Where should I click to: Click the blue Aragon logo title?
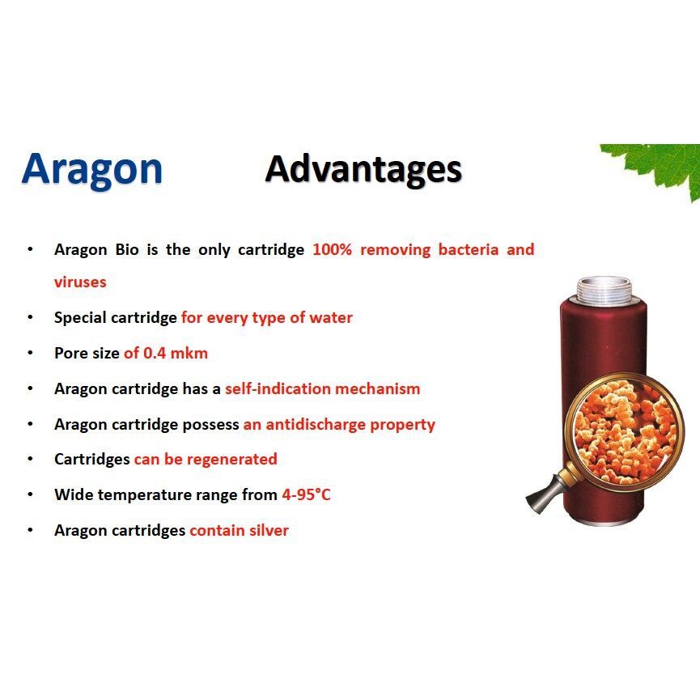92,171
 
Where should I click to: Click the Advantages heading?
363,171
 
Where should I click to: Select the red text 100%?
332,249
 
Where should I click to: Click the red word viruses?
80,282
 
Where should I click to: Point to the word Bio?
127,249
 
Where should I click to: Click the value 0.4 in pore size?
155,353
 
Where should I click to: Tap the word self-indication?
278,388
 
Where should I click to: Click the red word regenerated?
231,460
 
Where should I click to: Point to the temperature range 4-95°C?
306,494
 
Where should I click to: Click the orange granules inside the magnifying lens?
625,432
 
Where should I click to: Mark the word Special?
80,318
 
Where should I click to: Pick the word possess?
210,425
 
